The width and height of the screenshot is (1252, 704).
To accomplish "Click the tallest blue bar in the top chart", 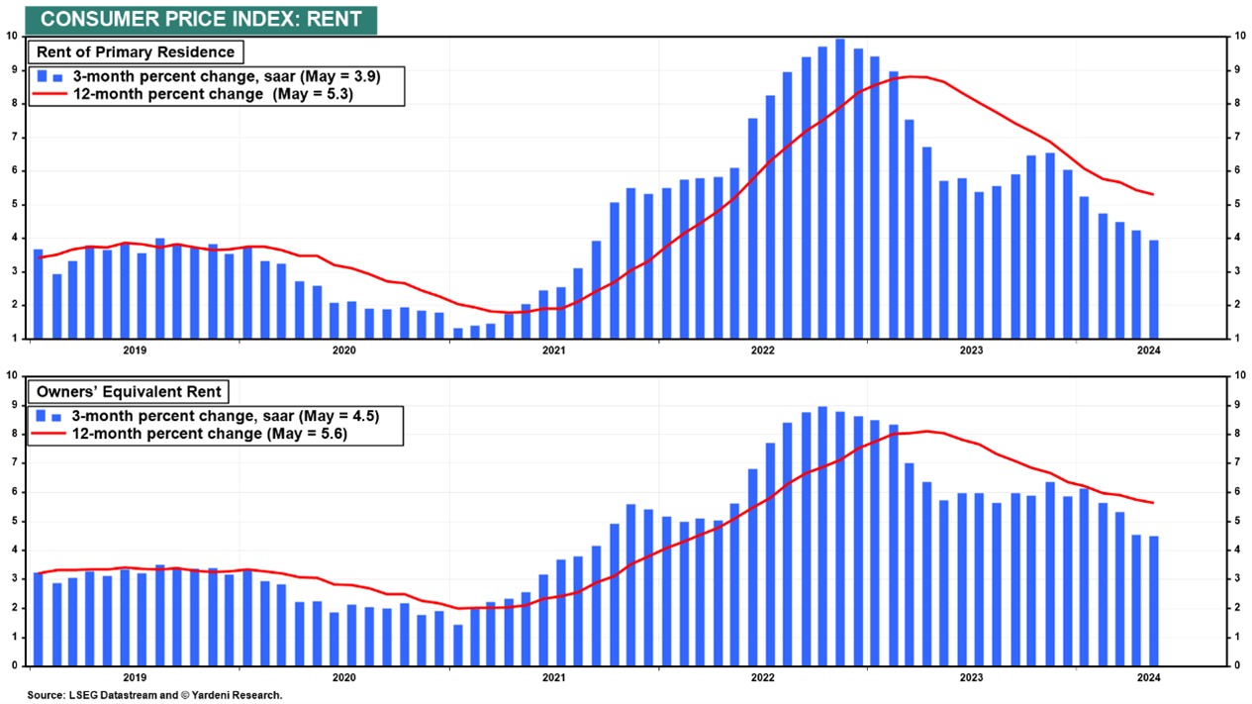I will pyautogui.click(x=839, y=188).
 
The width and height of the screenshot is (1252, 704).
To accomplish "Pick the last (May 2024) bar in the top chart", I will pyautogui.click(x=1154, y=289).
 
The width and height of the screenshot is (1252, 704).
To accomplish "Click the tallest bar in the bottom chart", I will pyautogui.click(x=822, y=535).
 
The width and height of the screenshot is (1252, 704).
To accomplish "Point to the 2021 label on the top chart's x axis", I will pyautogui.click(x=553, y=350).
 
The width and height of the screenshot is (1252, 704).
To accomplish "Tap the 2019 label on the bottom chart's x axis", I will pyautogui.click(x=135, y=677).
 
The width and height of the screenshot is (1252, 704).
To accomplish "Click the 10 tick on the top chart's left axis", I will pyautogui.click(x=13, y=37).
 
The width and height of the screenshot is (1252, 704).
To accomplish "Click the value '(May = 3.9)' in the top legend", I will pyautogui.click(x=341, y=76).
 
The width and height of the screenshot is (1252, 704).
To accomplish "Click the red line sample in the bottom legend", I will pyautogui.click(x=49, y=433).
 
